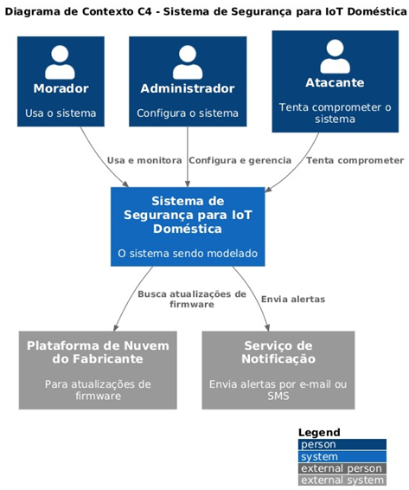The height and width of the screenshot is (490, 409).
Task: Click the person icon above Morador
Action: coord(60,62)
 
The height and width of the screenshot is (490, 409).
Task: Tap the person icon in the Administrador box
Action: coord(188,62)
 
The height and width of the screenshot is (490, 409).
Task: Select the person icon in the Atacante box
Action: coord(335,56)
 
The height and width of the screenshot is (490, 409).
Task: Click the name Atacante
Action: coord(335,83)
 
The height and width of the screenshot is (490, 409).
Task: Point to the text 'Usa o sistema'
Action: coord(61,113)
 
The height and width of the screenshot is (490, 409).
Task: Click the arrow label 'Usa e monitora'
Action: coord(144,160)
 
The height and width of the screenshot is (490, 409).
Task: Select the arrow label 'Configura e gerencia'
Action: coord(240,160)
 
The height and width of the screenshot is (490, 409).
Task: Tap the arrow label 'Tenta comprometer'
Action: coord(355,161)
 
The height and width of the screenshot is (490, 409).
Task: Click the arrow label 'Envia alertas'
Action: coord(293,300)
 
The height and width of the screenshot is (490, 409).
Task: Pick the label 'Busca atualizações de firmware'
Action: coord(192,299)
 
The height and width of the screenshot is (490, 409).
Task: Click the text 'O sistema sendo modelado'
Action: coord(188,253)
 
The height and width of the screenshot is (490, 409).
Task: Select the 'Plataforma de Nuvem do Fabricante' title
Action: coord(98,352)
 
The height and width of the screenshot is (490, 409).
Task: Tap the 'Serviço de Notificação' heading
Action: coord(278,352)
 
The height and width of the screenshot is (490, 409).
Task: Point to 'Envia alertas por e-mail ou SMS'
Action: coord(278,390)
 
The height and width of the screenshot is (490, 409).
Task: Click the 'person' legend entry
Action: coord(342,444)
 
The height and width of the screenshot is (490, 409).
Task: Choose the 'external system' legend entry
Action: coord(342,480)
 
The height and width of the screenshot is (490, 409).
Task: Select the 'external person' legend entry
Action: coord(342,468)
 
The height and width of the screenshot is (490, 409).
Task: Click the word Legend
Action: coord(319,433)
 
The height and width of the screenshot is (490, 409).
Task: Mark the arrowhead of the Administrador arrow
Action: coord(188,184)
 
